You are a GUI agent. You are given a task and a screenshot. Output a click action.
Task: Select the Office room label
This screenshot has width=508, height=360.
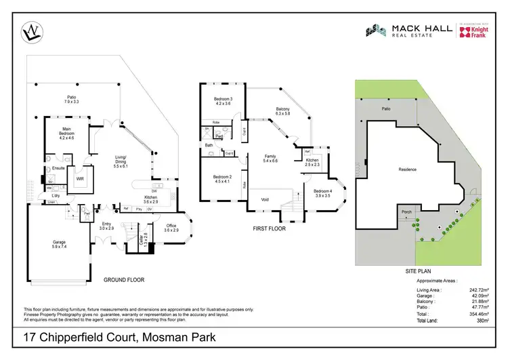(x=171, y=228)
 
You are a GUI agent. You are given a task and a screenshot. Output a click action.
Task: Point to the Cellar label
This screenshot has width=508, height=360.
(x=142, y=241)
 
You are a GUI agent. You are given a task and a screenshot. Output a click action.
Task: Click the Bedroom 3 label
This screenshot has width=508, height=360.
(x=223, y=102)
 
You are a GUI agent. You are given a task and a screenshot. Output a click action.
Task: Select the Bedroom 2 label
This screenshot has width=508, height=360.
(x=222, y=178)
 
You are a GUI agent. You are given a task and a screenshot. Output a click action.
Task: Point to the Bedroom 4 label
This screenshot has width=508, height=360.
(x=322, y=193)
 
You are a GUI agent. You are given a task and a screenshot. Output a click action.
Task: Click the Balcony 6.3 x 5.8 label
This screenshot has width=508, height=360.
(x=283, y=111)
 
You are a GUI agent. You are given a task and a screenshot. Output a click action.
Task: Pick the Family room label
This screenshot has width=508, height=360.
(x=270, y=159)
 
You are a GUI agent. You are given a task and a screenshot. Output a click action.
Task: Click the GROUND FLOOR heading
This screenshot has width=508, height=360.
(x=123, y=280)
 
